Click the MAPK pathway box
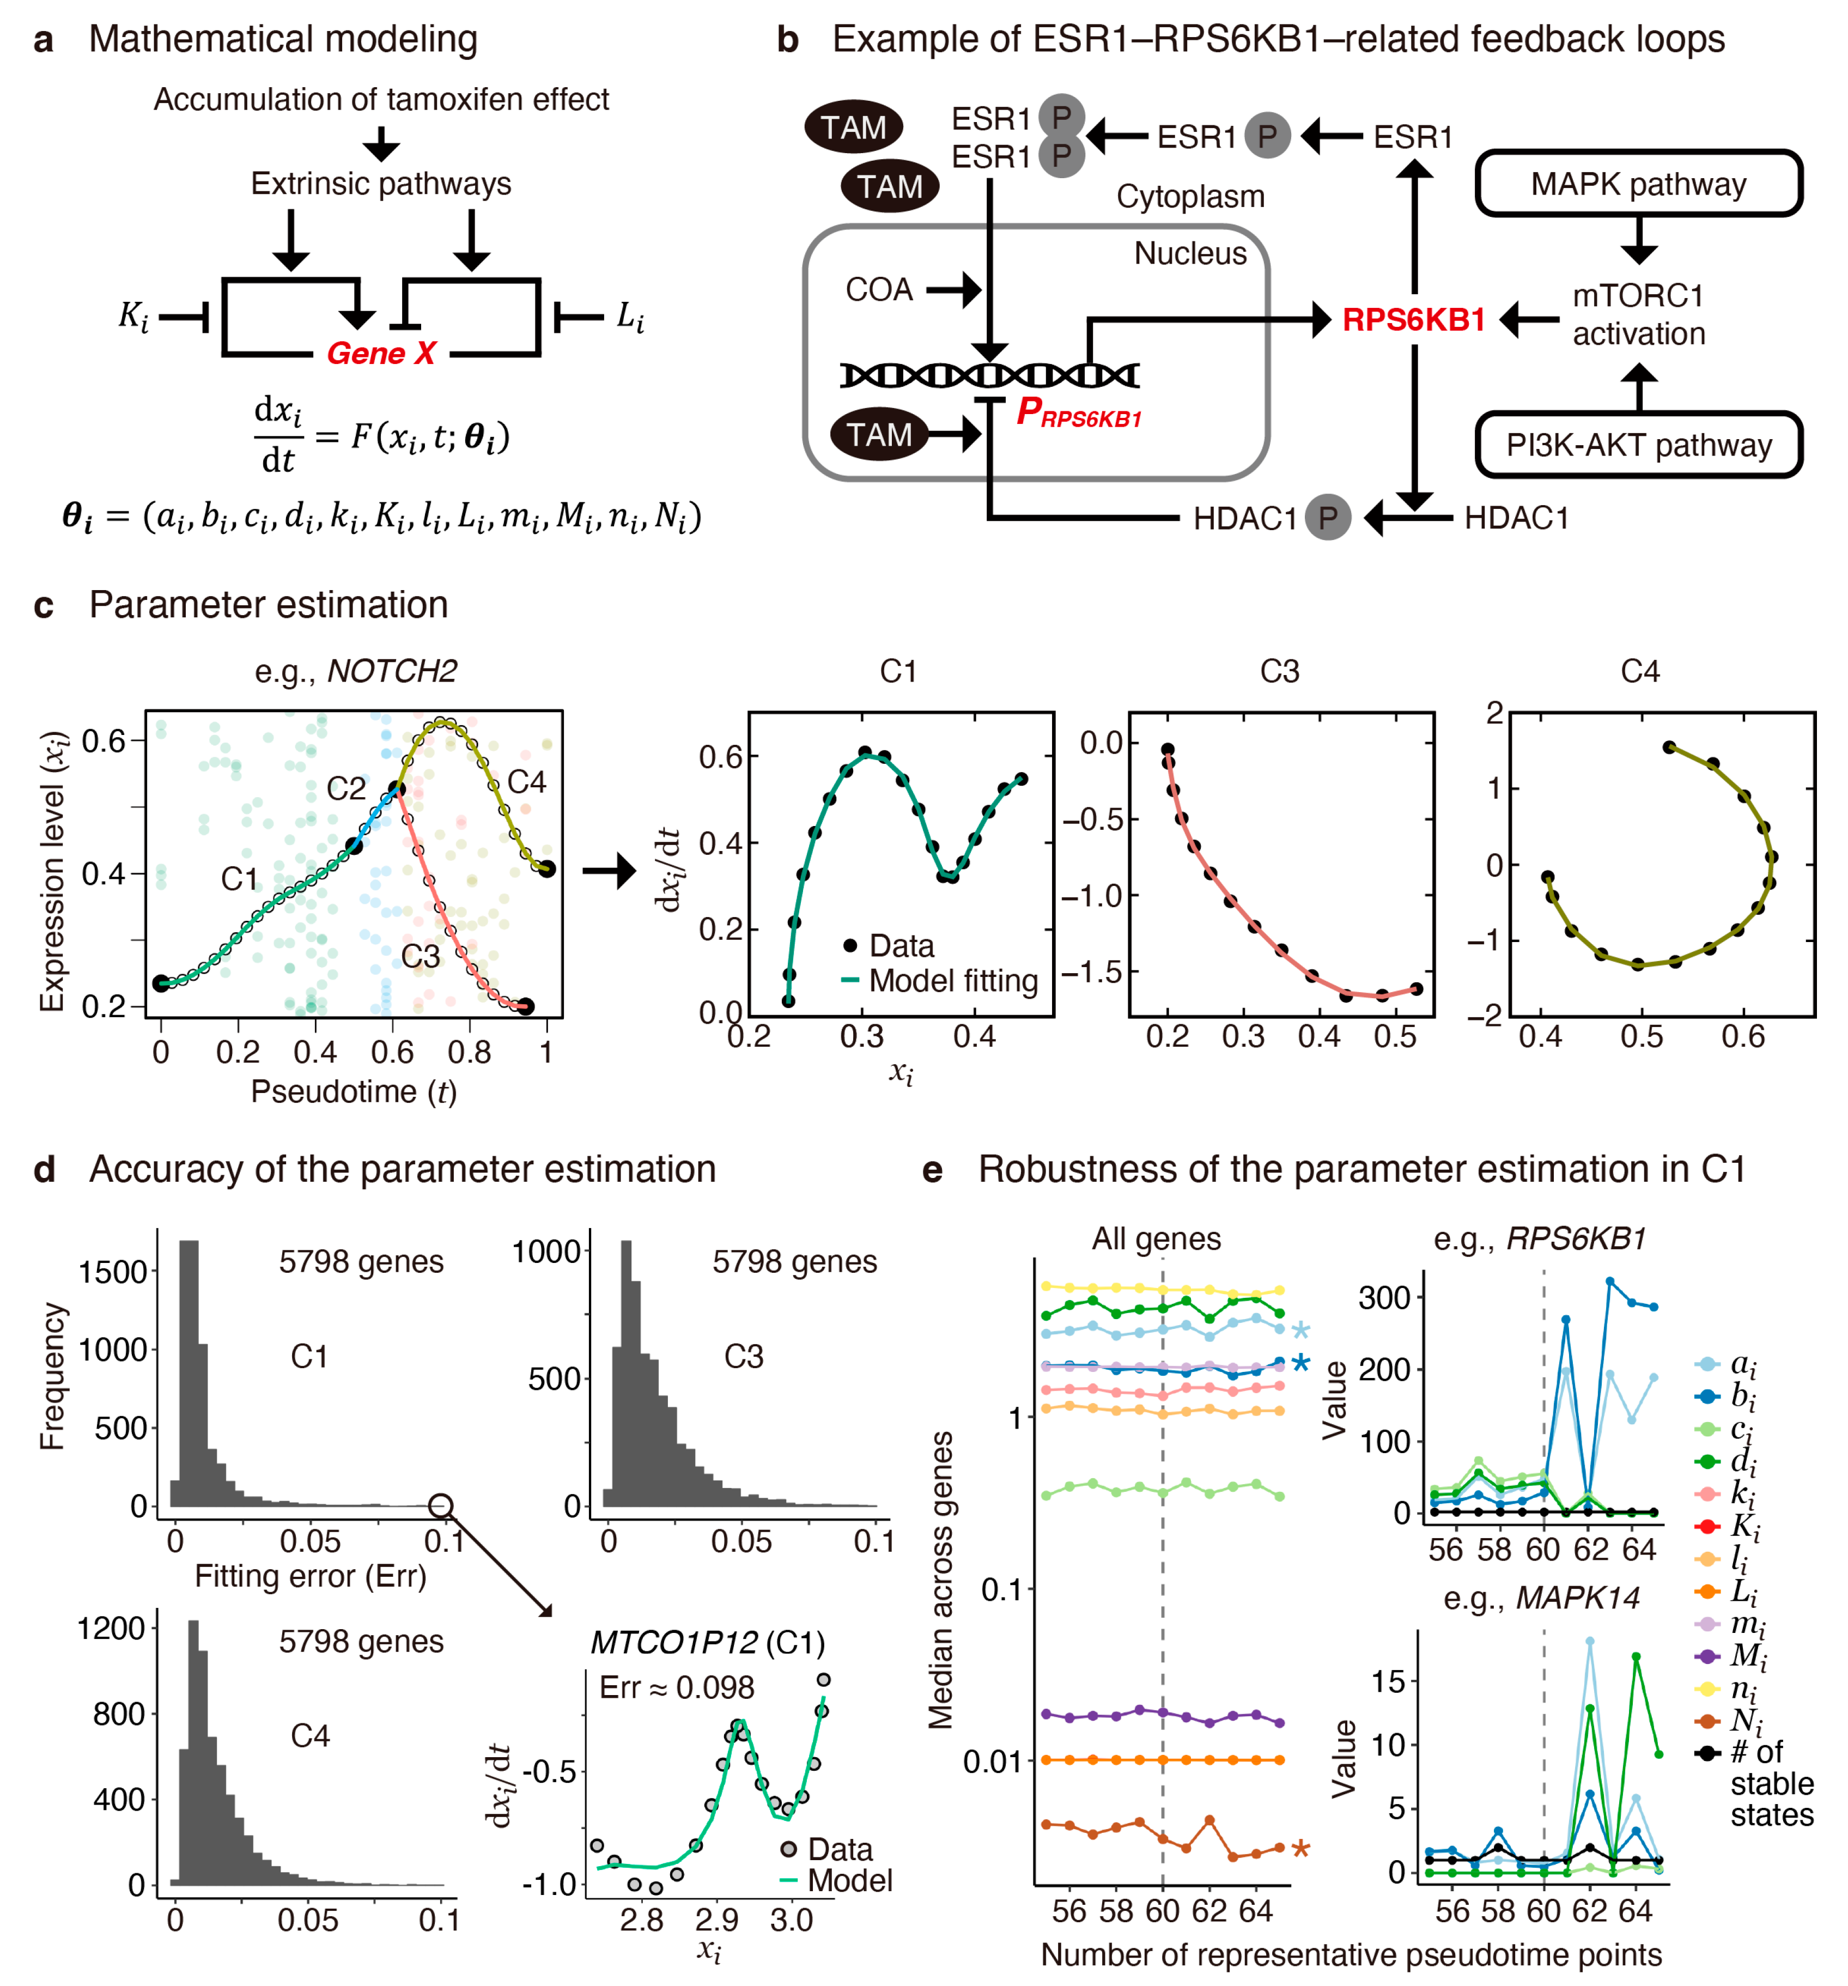pyautogui.click(x=1638, y=184)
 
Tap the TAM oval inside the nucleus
pyautogui.click(x=879, y=435)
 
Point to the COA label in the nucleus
pyautogui.click(x=879, y=290)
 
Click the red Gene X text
pyautogui.click(x=381, y=353)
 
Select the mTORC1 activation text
pyautogui.click(x=1638, y=315)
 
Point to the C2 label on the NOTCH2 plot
pyautogui.click(x=346, y=789)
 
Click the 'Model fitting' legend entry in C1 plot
pyautogui.click(x=953, y=980)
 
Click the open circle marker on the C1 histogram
pyautogui.click(x=441, y=1505)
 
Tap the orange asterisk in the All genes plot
pyautogui.click(x=1300, y=1848)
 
